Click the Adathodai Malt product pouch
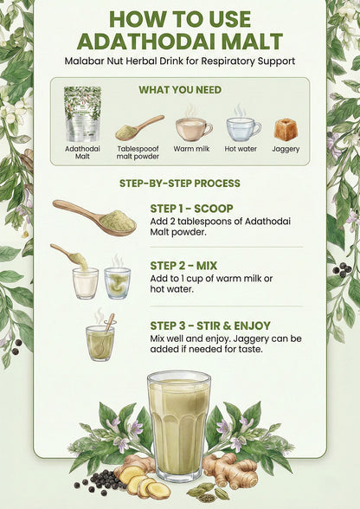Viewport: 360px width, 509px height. (82, 114)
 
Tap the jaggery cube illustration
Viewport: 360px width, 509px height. (286, 130)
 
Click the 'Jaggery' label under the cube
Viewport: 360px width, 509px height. (286, 149)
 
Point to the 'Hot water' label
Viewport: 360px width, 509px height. (241, 149)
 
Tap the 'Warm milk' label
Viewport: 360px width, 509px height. (191, 149)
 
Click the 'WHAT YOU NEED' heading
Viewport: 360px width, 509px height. (180, 90)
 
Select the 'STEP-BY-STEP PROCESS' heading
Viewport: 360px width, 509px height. (180, 184)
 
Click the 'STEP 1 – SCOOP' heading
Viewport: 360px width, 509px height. (191, 209)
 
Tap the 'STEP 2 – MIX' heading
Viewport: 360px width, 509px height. (183, 266)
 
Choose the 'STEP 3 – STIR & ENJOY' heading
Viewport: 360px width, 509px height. (210, 325)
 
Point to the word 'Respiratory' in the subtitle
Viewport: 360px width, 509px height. (224, 61)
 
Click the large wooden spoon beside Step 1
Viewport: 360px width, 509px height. (94, 217)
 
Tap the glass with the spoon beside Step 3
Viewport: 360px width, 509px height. (100, 340)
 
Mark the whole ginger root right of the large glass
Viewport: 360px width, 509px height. (230, 470)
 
